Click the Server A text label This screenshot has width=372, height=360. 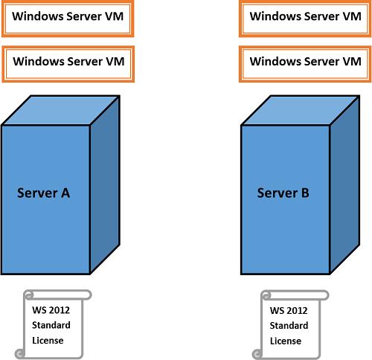(x=43, y=193)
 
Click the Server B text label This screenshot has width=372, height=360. (x=283, y=193)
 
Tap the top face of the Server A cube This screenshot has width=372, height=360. (x=60, y=110)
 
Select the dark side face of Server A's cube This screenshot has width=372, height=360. (x=105, y=184)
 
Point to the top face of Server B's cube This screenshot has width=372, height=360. (x=300, y=110)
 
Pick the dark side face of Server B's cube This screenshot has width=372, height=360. (x=344, y=184)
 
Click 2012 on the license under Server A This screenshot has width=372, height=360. (x=59, y=310)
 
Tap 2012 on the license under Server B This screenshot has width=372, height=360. (x=297, y=310)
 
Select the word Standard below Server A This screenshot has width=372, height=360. (x=51, y=325)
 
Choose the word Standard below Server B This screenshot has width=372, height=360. (x=289, y=326)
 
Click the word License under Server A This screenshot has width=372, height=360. (x=48, y=341)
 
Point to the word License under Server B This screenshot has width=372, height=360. (x=286, y=341)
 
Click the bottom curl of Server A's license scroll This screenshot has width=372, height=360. (x=20, y=353)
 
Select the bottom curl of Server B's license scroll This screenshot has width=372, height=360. (x=257, y=353)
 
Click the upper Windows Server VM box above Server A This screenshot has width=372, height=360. (x=68, y=19)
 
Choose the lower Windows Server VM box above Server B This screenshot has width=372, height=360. (x=305, y=64)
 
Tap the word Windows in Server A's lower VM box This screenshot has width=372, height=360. (x=37, y=61)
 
